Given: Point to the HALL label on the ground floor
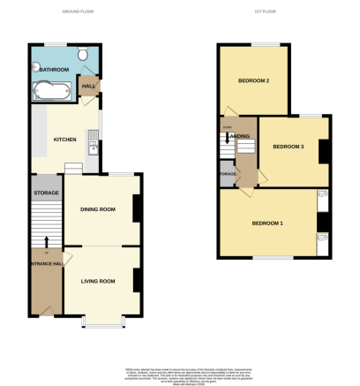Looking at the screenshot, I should tap(88, 87).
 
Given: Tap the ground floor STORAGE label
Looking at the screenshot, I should tap(45, 192).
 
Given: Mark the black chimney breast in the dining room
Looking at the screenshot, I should tap(136, 208).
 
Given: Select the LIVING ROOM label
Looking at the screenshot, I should tap(99, 281).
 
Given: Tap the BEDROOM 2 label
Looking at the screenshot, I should tap(253, 80).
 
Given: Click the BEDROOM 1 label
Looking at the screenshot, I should tap(268, 223).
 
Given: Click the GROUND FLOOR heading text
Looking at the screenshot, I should tap(79, 11).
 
